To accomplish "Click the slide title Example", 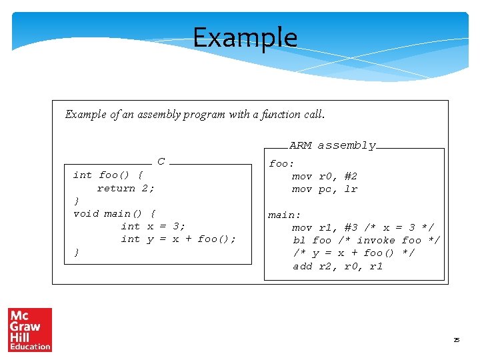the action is coord(245,37).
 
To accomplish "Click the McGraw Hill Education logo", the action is coord(29,329).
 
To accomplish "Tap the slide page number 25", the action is coord(457,340).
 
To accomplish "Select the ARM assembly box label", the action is coord(333,145).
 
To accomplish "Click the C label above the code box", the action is coord(161,161).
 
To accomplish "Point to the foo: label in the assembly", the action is coord(281,163).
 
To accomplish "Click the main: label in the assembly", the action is coord(285,215).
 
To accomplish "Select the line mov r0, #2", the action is coord(325,176).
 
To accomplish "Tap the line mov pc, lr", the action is coord(325,189).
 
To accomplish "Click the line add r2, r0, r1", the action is coord(338,267).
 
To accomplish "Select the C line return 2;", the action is coord(125,189).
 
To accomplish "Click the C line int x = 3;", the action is coord(153,226).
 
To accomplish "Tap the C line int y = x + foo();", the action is coord(178,239).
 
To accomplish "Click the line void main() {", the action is coord(114,214).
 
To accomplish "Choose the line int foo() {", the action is coord(107,175).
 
